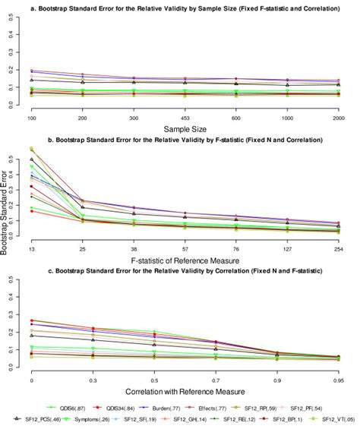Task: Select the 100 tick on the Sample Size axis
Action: click(x=31, y=119)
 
